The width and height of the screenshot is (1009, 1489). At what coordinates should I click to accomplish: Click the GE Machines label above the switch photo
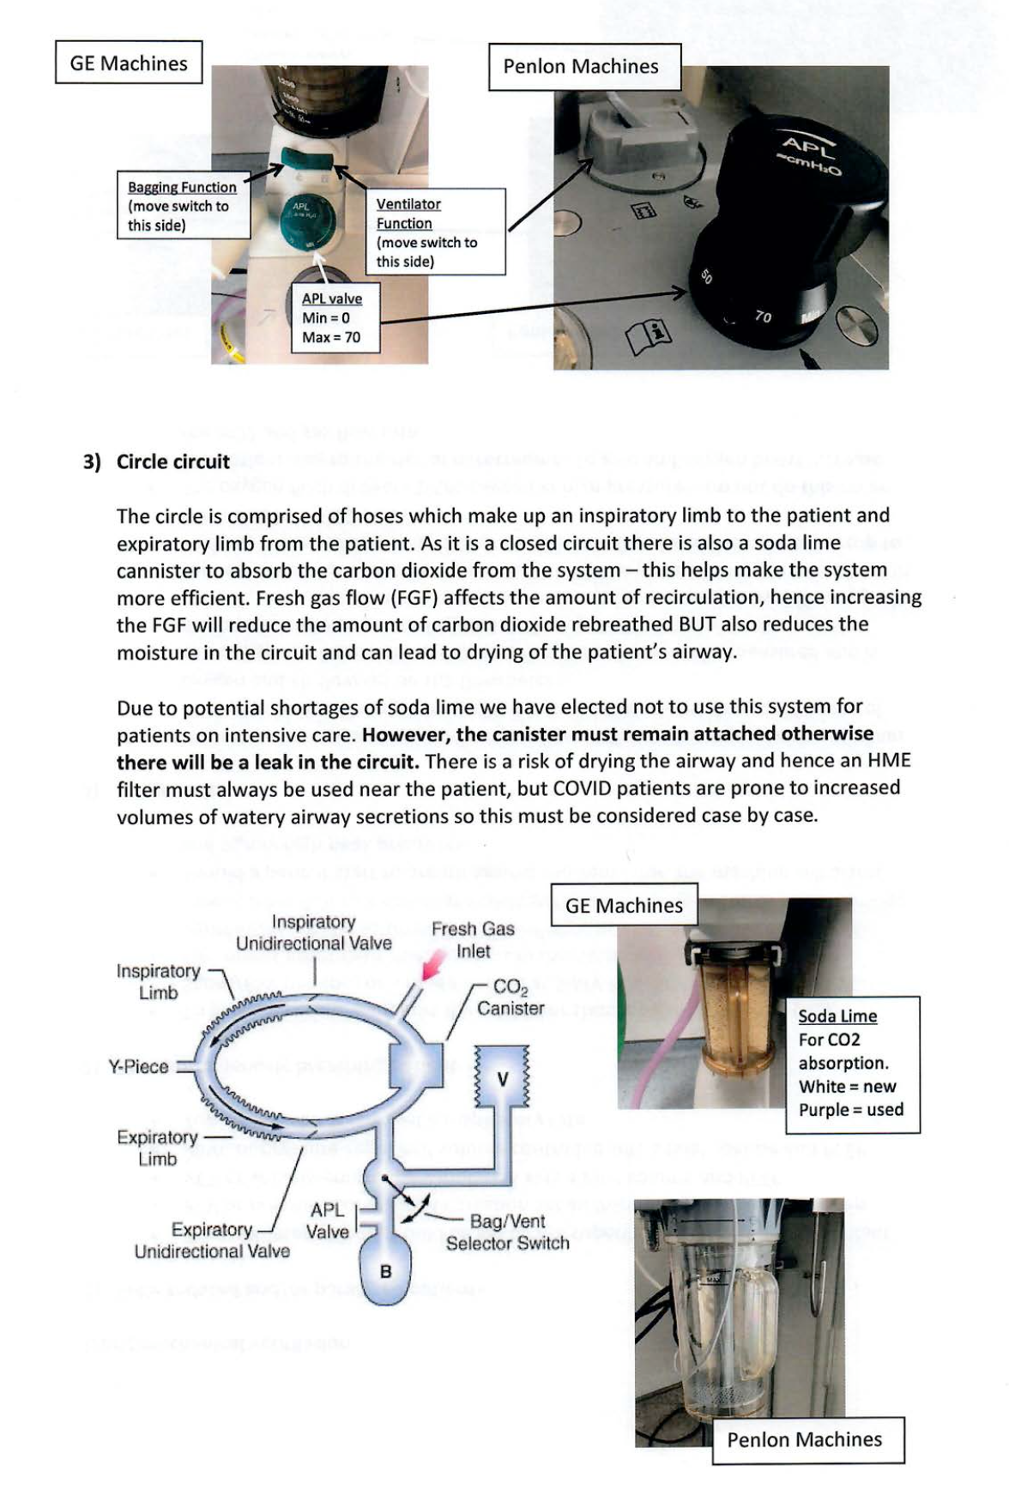click(129, 63)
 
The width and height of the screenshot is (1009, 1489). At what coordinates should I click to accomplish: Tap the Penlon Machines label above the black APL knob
click(581, 66)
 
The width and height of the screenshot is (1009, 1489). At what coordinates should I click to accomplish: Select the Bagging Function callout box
click(182, 206)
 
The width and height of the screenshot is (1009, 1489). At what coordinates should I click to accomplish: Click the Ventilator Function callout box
click(435, 232)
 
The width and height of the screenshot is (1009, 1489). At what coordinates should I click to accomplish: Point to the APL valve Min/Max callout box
click(332, 318)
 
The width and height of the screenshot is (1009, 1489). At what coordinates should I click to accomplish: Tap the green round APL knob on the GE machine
click(306, 218)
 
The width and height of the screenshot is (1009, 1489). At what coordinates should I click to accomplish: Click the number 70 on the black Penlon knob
click(763, 317)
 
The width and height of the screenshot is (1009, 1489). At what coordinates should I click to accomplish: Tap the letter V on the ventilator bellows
click(504, 1079)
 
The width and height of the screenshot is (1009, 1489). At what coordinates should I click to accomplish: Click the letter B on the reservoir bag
click(386, 1271)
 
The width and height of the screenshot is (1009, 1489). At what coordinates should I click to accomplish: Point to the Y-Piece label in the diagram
click(138, 1066)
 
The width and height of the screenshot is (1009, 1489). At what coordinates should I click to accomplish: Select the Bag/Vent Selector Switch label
click(507, 1232)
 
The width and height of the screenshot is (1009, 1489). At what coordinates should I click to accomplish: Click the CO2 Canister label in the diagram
click(511, 998)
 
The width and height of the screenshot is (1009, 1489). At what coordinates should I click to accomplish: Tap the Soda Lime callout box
click(852, 1063)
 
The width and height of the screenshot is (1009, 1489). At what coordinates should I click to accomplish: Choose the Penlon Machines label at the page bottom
click(804, 1439)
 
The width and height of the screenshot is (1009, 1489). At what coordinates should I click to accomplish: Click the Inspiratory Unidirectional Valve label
click(313, 932)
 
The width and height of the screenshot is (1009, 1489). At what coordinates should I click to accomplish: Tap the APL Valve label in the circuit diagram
click(329, 1221)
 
